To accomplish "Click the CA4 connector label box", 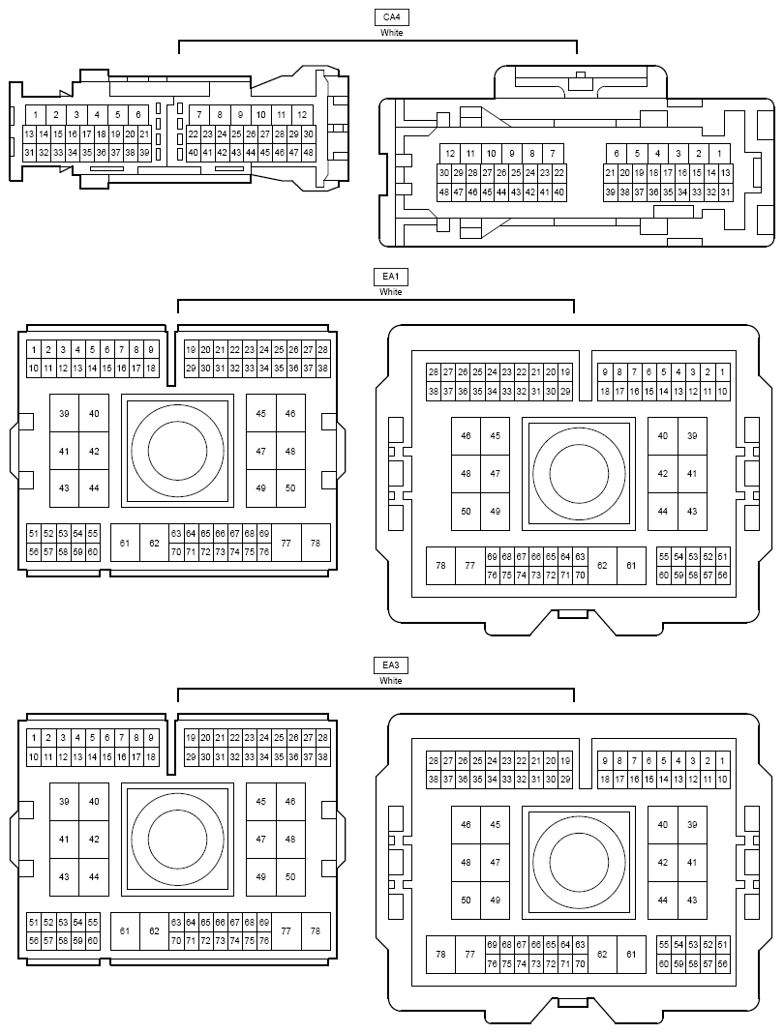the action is tap(391, 17).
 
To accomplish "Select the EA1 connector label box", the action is tap(390, 277).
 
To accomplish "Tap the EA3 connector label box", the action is tap(390, 665).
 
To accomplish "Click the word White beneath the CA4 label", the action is tap(391, 32).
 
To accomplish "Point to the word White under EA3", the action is tap(390, 681).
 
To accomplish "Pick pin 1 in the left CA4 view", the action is tap(36, 115).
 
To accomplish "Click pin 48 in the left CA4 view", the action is tap(308, 153).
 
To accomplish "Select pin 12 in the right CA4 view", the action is tap(450, 154).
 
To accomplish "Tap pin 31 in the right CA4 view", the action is tap(725, 192).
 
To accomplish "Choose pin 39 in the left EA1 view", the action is tap(64, 414).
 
